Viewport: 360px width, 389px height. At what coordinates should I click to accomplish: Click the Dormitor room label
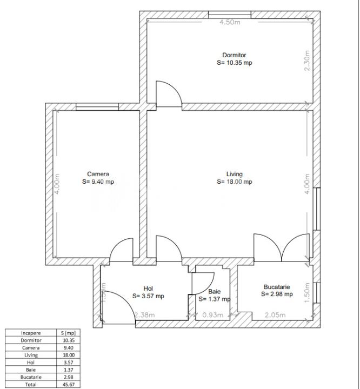click(x=234, y=55)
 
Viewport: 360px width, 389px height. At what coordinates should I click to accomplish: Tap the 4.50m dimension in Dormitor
click(x=230, y=22)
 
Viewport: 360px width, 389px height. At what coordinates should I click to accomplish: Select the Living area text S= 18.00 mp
click(x=234, y=182)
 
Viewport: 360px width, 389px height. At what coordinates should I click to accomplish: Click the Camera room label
click(x=98, y=174)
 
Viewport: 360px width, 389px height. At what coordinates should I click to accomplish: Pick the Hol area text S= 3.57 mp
click(x=148, y=296)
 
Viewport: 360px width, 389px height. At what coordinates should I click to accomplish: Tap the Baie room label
click(x=215, y=291)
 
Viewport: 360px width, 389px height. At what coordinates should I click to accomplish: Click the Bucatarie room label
click(x=277, y=287)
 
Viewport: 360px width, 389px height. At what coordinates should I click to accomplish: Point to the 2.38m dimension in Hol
click(x=144, y=315)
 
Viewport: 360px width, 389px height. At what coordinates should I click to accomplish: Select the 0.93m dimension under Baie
click(x=212, y=315)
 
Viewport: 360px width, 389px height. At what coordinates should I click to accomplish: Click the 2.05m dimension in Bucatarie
click(x=275, y=315)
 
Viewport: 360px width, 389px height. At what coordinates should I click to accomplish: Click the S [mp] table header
click(x=68, y=333)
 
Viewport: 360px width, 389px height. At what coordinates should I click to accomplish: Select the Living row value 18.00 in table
click(x=68, y=355)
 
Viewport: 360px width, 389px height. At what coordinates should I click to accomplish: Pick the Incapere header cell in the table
click(x=31, y=333)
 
